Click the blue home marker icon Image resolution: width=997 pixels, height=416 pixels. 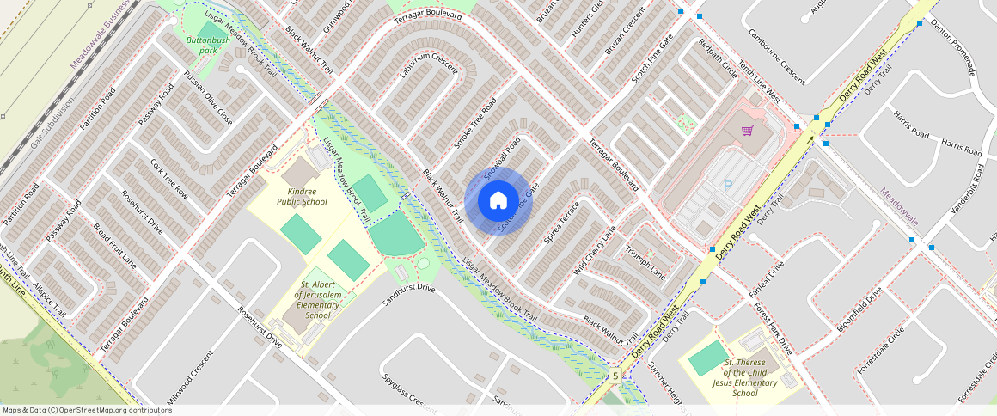pyautogui.click(x=498, y=201)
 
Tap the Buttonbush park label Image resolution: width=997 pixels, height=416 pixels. pyautogui.click(x=208, y=45)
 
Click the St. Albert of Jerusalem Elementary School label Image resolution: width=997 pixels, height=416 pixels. pyautogui.click(x=316, y=299)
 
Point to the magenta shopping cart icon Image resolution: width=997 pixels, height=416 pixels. pyautogui.click(x=747, y=131)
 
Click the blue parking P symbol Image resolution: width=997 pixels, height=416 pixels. pyautogui.click(x=728, y=185)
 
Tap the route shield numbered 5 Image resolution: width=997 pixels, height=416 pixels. pyautogui.click(x=615, y=376)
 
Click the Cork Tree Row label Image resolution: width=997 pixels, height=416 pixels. pyautogui.click(x=169, y=178)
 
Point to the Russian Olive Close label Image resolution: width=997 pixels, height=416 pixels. pyautogui.click(x=208, y=102)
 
